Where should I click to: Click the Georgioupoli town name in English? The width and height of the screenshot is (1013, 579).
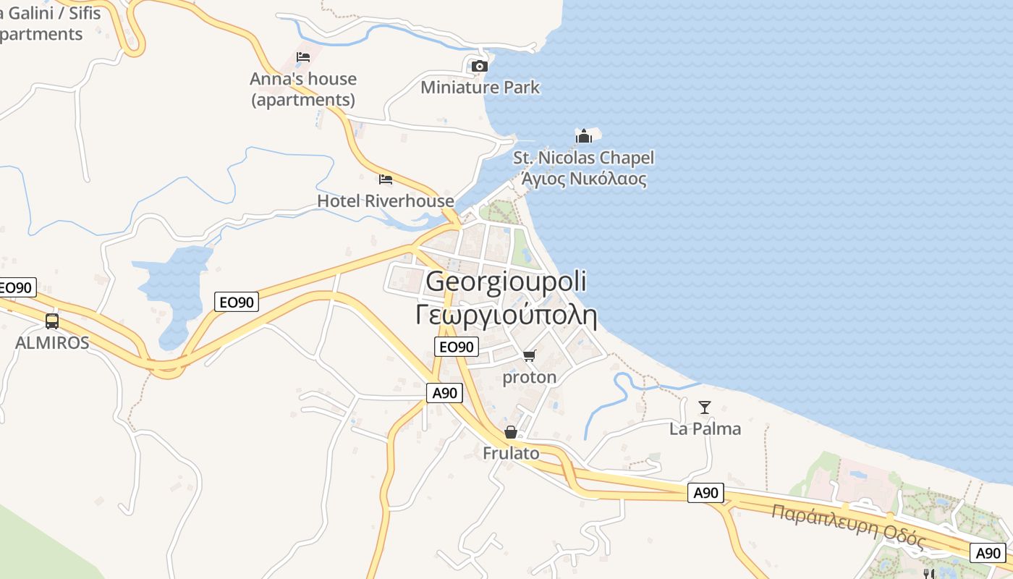(506, 282)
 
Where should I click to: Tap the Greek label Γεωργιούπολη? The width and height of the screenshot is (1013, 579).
(506, 316)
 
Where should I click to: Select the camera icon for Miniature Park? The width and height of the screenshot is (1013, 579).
(479, 67)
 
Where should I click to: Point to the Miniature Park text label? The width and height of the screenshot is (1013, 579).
(480, 88)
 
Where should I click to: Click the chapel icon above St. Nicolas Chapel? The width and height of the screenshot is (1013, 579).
(583, 136)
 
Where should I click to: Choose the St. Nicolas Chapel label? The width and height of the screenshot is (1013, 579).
(583, 158)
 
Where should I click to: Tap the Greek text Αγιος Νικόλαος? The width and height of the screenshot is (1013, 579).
(583, 178)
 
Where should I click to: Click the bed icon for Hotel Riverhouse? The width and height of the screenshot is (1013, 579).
(386, 179)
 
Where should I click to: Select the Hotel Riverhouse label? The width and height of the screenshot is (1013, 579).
(386, 200)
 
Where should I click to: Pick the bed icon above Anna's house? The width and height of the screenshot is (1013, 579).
(303, 57)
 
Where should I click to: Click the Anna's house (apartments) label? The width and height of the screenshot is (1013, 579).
(303, 89)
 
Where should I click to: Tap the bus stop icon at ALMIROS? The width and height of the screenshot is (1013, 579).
(52, 321)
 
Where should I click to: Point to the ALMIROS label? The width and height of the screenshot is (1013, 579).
(52, 342)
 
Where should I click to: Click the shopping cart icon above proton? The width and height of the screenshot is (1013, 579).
(530, 356)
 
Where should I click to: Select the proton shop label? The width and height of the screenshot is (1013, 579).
(530, 377)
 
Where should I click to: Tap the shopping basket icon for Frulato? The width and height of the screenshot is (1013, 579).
(511, 432)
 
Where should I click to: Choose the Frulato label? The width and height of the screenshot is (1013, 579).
(511, 453)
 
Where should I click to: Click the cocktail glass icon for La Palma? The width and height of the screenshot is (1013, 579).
(705, 407)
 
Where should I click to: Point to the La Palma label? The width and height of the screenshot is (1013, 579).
(705, 428)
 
